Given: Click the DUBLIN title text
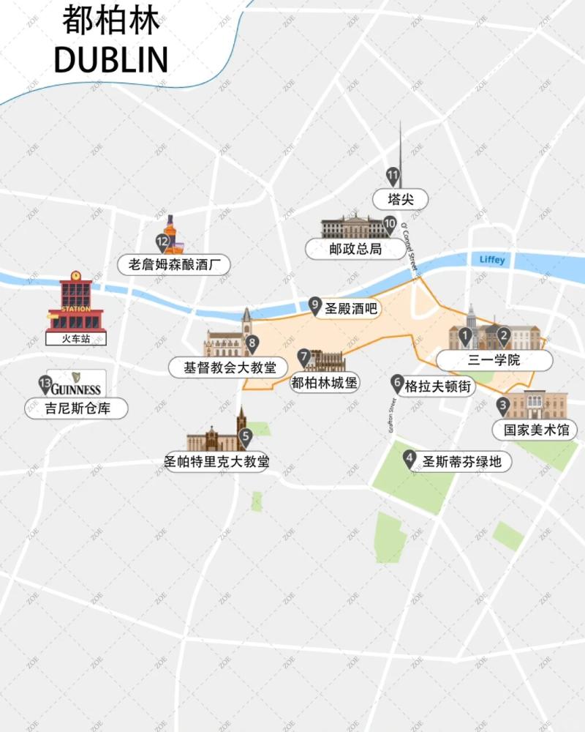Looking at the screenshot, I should point(111,59).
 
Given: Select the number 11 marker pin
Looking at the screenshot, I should point(393,176).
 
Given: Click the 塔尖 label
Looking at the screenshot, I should point(399,198).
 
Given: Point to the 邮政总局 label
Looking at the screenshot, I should point(355,249).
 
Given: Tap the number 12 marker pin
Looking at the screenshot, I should point(162,242).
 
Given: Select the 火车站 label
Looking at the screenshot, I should point(76,339).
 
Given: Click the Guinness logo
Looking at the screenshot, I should point(76,383).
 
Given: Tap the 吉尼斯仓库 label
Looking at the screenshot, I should point(78,408).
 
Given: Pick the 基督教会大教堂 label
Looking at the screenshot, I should point(228,367).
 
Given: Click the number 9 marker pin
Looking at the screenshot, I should point(315,304).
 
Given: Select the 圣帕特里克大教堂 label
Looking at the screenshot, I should point(216,462).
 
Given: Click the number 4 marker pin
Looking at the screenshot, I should point(409,457).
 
